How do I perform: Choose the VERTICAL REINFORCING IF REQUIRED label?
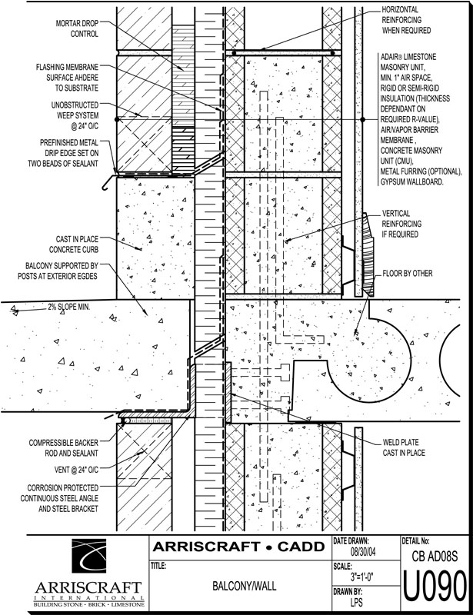click(x=411, y=224)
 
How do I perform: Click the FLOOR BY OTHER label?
click(x=411, y=273)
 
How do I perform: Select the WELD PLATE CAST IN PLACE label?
click(x=411, y=448)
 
